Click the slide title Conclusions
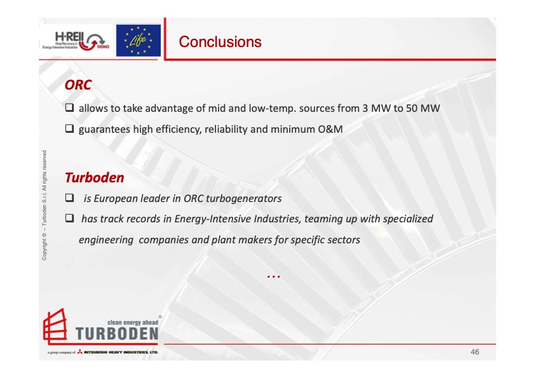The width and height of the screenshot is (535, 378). (x=220, y=42)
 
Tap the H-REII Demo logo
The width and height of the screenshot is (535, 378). (x=76, y=41)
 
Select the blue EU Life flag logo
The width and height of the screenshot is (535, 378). (x=138, y=40)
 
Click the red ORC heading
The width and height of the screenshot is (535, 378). (x=78, y=85)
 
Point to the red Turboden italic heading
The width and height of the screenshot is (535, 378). (x=95, y=178)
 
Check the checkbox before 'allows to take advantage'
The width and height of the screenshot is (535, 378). (x=70, y=107)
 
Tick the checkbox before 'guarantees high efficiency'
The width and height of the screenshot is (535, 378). (x=70, y=128)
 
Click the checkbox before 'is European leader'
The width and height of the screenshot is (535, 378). (x=70, y=198)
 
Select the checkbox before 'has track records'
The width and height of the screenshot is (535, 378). (x=70, y=218)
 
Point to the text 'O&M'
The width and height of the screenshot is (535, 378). (x=330, y=130)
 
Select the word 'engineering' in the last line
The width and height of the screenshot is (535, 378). (x=106, y=240)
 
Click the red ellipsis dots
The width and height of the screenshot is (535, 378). (x=274, y=276)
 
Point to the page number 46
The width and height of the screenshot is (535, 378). (x=475, y=352)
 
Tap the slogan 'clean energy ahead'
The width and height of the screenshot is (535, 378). (x=133, y=322)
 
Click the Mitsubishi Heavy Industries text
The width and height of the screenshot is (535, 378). (x=121, y=352)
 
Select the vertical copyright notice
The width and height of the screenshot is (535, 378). (x=44, y=205)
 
